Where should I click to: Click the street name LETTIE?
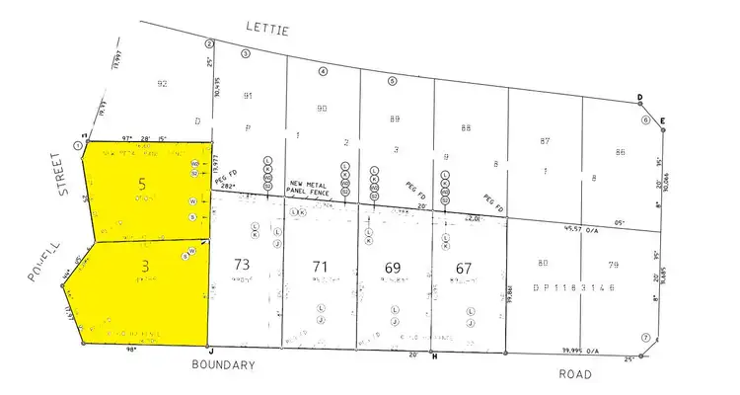point(268,31)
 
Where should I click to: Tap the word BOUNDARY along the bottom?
point(223,364)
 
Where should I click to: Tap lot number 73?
point(241,265)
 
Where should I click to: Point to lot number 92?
point(163,83)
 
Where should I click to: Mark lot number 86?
point(620,152)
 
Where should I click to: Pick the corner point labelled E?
point(663,120)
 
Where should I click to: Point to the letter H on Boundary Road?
point(433,356)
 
